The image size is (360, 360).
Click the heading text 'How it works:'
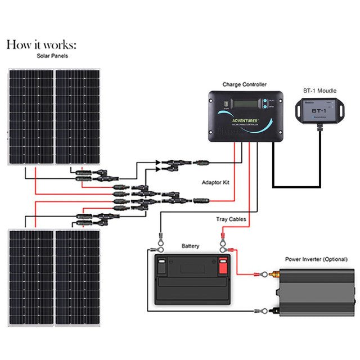(42, 45)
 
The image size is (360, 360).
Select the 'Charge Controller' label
(244, 84)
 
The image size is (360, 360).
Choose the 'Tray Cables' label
(231, 219)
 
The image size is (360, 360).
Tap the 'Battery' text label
(190, 246)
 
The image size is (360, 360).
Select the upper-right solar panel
(77, 116)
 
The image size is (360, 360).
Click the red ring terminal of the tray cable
(223, 242)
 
